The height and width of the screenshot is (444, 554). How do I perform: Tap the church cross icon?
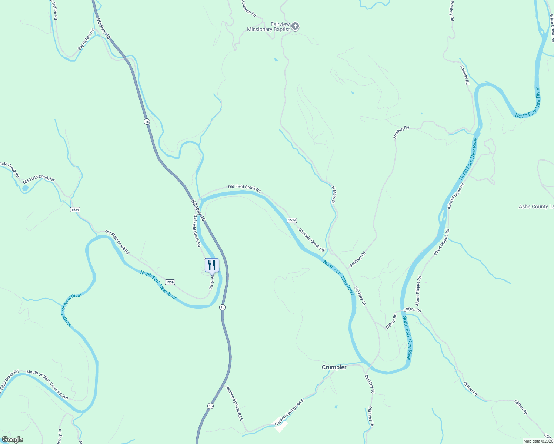point(295,26)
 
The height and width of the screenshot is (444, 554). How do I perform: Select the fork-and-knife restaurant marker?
point(212,265)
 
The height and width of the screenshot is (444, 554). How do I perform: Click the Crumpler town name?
point(334,367)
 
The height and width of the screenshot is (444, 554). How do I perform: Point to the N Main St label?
point(333,195)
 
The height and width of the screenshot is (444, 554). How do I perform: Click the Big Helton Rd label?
point(86,39)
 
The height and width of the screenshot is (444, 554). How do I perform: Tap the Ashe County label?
point(536,206)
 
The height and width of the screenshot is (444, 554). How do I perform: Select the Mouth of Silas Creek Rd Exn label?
point(47,385)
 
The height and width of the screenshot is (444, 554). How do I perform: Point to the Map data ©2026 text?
point(538,441)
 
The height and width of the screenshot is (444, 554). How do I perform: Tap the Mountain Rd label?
point(248,8)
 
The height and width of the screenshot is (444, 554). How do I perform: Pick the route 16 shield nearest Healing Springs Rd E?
point(210,406)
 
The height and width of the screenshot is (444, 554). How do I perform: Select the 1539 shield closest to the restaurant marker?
point(170,282)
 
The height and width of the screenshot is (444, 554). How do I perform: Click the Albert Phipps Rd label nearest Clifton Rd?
point(418,290)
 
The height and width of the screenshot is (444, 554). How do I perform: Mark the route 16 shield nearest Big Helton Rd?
point(147,121)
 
